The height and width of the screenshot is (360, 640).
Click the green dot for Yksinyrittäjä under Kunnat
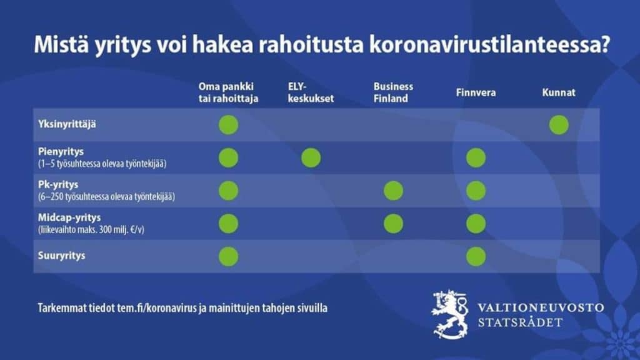coord(559,125)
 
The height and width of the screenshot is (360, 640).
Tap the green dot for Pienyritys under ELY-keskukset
coord(311,158)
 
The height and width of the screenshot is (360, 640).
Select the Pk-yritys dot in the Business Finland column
coord(394,191)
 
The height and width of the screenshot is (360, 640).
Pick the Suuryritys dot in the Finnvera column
coord(476,257)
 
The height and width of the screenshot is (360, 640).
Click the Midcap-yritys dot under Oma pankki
coord(229,224)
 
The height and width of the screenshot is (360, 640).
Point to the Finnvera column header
coord(476,92)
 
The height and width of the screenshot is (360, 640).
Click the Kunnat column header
coord(559,92)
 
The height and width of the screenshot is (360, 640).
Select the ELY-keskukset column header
coord(311,92)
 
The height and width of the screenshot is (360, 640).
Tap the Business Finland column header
coord(393,92)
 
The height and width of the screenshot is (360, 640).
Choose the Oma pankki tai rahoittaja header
coord(228,92)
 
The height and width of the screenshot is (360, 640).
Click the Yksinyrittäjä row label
coord(67,124)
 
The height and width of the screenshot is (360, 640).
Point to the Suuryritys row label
coord(62,256)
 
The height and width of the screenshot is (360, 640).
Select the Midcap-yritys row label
coord(69,217)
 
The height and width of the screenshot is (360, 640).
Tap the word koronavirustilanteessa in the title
coord(489,44)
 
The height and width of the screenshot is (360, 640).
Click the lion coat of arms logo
coord(450,314)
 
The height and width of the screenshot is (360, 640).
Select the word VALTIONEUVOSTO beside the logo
coord(541,307)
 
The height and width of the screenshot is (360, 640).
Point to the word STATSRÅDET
coord(521,322)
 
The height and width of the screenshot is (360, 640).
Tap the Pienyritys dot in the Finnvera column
coord(476,158)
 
